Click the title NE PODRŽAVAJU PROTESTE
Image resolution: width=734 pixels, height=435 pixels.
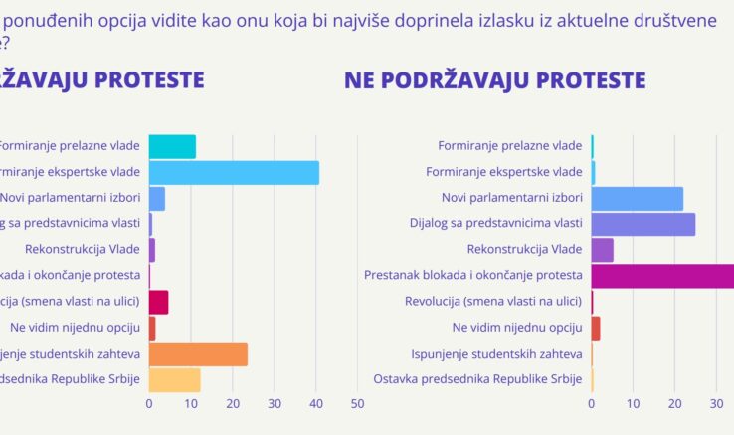[494, 80]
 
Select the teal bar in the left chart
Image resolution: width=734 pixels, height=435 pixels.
[172, 146]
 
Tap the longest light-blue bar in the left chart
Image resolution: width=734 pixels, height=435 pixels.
[234, 172]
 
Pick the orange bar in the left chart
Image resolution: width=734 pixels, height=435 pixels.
[198, 355]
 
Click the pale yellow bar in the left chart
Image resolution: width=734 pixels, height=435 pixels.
[174, 379]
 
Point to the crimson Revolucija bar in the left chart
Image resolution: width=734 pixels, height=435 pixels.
[158, 302]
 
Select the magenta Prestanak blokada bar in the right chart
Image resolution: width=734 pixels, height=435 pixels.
[662, 276]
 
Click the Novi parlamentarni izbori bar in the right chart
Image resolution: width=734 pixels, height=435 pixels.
[637, 198]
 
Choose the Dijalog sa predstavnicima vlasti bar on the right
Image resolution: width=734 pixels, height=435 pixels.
[642, 224]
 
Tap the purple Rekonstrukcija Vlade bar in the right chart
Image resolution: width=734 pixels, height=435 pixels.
[602, 250]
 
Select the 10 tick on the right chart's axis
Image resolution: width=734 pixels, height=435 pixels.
[634, 404]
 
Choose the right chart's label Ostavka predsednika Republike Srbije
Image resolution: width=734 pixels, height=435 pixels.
[477, 379]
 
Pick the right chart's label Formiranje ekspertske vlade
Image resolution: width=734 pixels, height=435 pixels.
[504, 172]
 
